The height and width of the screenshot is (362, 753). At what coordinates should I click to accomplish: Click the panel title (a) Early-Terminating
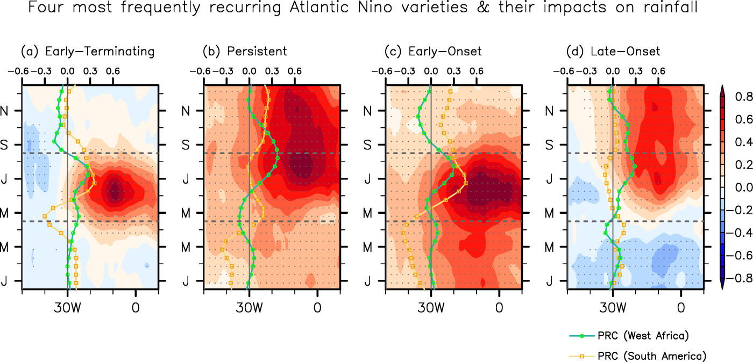(88, 52)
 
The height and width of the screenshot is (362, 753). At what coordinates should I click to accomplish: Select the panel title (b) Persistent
(245, 52)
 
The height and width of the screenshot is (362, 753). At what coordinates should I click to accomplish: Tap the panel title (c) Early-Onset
(433, 52)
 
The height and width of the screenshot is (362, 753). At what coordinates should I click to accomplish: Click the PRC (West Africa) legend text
(643, 336)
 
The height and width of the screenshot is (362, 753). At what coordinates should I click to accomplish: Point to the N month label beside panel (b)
(188, 111)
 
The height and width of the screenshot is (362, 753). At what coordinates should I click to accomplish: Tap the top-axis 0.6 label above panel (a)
(113, 71)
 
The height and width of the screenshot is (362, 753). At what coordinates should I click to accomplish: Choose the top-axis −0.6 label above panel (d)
(564, 71)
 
